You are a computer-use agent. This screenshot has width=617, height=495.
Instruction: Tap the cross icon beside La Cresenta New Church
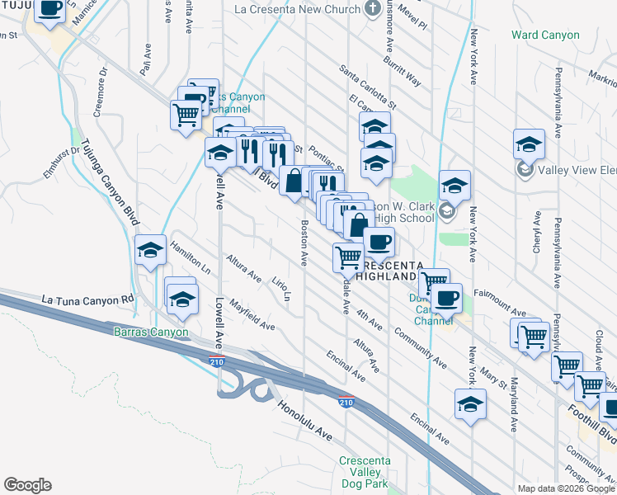pos(373,9)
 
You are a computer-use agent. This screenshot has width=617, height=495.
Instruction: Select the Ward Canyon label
pos(545,35)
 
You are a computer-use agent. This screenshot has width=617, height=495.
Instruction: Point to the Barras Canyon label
pos(150,332)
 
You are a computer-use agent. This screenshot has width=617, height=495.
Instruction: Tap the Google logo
pos(27,485)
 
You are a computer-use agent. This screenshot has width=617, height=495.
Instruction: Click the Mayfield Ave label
pos(252,314)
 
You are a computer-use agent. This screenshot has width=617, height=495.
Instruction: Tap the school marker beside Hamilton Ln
pos(150,252)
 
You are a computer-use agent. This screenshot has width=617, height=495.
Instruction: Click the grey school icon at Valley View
pos(525,169)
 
